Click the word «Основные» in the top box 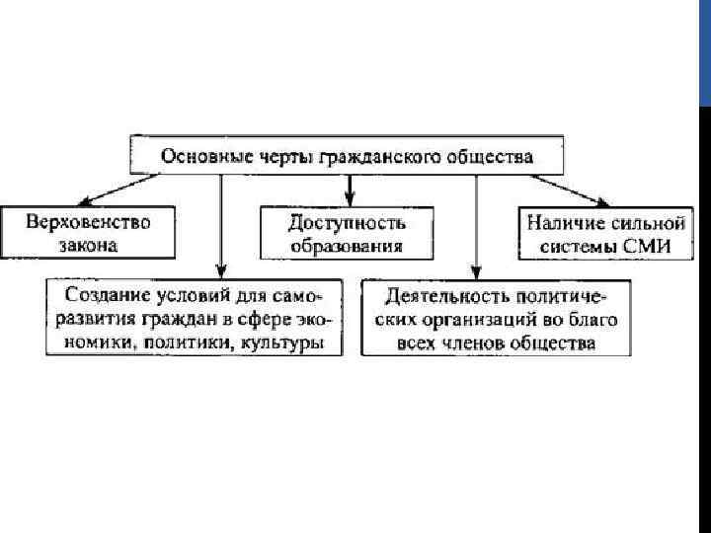coord(195,157)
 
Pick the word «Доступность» coord(348,224)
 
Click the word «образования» coord(348,245)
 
